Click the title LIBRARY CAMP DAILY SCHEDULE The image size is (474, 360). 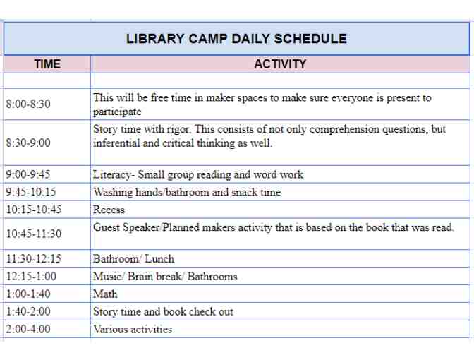236,39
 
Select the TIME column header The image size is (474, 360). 47,64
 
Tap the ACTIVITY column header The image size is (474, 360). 280,64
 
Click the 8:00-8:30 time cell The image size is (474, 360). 28,104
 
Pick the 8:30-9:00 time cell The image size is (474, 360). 28,143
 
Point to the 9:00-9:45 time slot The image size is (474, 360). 28,174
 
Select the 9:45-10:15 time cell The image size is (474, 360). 31,192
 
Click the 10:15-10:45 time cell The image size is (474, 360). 33,210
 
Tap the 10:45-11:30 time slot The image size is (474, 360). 33,234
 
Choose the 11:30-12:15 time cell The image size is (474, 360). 33,259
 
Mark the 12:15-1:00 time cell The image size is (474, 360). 31,277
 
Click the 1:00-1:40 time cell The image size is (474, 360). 28,294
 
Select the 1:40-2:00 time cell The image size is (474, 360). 28,311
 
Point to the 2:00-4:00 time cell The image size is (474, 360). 28,329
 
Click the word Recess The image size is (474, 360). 109,210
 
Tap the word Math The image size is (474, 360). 105,294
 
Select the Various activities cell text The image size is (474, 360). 132,329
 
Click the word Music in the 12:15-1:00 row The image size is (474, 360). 107,277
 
